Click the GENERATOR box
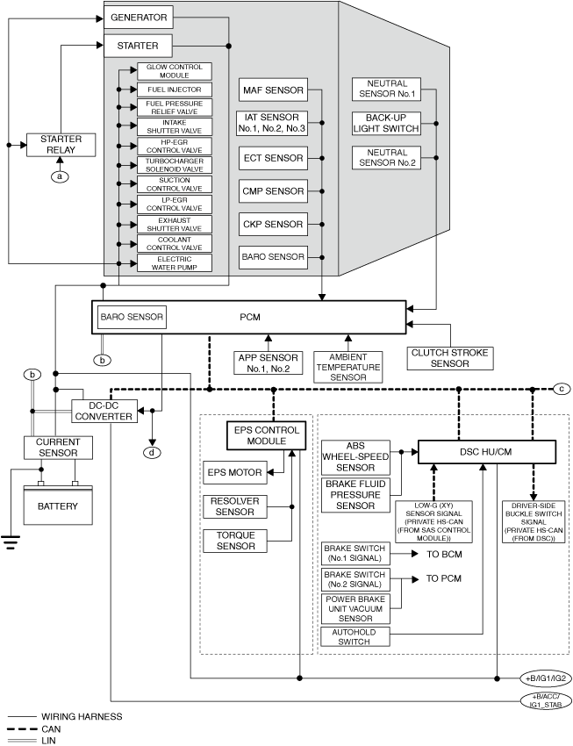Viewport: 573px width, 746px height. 139,18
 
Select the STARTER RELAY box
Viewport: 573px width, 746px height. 61,145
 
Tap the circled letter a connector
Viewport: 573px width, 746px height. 60,176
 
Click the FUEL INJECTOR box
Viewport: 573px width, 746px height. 175,90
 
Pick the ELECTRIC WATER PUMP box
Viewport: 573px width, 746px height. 175,263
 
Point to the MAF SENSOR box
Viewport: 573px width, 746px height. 273,90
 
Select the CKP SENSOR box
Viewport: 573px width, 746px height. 273,224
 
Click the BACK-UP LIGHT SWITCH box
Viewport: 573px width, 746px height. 386,123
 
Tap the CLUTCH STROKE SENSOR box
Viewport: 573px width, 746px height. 450,358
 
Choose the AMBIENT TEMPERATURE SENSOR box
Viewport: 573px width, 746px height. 348,367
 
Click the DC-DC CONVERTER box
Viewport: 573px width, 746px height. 104,411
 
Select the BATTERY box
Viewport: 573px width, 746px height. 58,506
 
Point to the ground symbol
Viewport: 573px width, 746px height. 11,542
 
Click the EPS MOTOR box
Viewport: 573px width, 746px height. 235,472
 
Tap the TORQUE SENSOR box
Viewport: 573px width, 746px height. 235,541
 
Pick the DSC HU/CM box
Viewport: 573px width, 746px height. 486,452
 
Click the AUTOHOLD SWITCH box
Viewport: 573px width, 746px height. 355,636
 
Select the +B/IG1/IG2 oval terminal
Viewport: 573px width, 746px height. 546,678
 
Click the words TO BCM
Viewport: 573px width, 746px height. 444,555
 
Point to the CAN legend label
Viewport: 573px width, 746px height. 51,728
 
